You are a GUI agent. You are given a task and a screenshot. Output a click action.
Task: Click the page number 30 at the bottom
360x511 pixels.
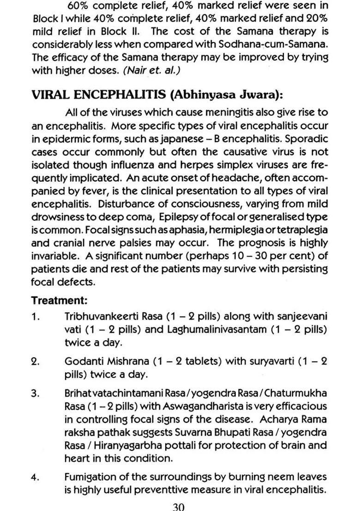(x=178, y=506)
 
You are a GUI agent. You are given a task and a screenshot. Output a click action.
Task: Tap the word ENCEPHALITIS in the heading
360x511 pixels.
(x=121, y=95)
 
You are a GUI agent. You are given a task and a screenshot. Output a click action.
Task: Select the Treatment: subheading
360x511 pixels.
(x=59, y=300)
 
